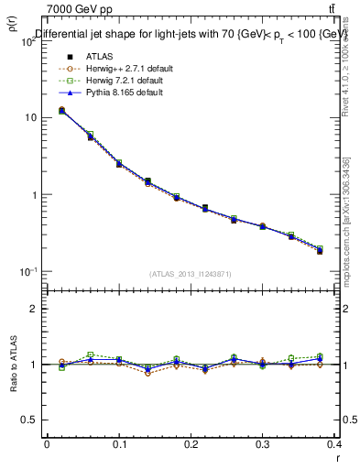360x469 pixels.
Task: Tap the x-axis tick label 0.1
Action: click(x=119, y=444)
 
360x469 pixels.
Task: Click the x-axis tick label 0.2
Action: click(x=191, y=444)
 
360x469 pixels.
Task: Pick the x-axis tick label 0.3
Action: click(x=264, y=444)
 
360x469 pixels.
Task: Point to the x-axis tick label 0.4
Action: click(x=335, y=444)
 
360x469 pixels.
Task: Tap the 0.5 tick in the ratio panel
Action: click(x=30, y=420)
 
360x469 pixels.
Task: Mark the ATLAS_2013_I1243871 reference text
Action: click(x=191, y=274)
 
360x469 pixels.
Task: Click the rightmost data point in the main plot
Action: click(x=320, y=250)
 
